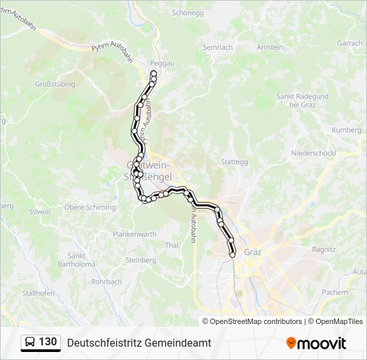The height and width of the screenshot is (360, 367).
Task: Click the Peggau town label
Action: (x=163, y=63)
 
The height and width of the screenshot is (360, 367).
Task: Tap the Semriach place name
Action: (x=218, y=48)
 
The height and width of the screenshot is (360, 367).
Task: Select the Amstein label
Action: (x=270, y=47)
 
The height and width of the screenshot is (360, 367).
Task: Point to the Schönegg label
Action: (x=187, y=13)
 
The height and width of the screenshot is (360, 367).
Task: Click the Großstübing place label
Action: (x=55, y=85)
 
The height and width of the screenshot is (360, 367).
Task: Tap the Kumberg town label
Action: (x=346, y=130)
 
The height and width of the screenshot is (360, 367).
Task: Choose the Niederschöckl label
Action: (x=313, y=153)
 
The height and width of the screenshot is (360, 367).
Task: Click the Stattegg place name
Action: (x=234, y=162)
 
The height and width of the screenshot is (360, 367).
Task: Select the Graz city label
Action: (x=252, y=253)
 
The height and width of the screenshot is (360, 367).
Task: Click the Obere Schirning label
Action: (x=90, y=207)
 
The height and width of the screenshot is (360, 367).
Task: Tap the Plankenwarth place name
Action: (x=134, y=234)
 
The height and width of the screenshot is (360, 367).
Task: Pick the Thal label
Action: (x=171, y=245)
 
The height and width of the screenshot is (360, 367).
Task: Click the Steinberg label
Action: (x=140, y=260)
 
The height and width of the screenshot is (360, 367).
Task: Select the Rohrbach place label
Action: (x=106, y=281)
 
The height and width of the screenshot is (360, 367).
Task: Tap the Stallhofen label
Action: (x=38, y=293)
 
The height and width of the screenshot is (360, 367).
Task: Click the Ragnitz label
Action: (x=324, y=249)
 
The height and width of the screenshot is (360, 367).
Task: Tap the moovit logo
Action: (x=316, y=343)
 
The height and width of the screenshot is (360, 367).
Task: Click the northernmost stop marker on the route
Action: (x=153, y=73)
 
